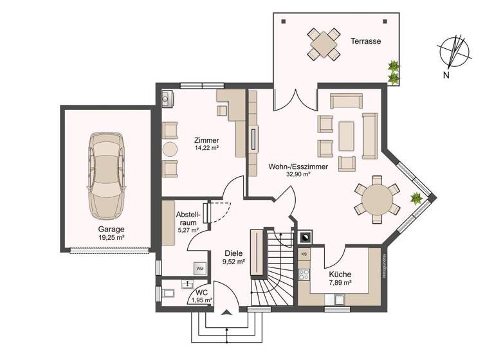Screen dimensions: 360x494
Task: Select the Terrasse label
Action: pyautogui.click(x=366, y=41)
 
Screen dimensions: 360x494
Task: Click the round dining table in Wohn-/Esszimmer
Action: pyautogui.click(x=381, y=199)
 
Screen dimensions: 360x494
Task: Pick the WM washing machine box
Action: pyautogui.click(x=200, y=268)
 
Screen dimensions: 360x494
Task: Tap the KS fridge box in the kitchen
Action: pyautogui.click(x=304, y=255)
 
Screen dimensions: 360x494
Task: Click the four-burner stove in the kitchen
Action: pyautogui.click(x=304, y=274)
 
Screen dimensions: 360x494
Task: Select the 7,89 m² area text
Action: pyautogui.click(x=340, y=282)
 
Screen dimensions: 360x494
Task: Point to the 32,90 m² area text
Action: pyautogui.click(x=298, y=174)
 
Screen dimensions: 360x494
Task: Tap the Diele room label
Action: pyautogui.click(x=233, y=253)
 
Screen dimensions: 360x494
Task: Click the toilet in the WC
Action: pyautogui.click(x=169, y=294)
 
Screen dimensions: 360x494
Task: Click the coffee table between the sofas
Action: pyautogui.click(x=346, y=136)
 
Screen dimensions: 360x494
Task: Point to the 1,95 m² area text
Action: pyautogui.click(x=201, y=300)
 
